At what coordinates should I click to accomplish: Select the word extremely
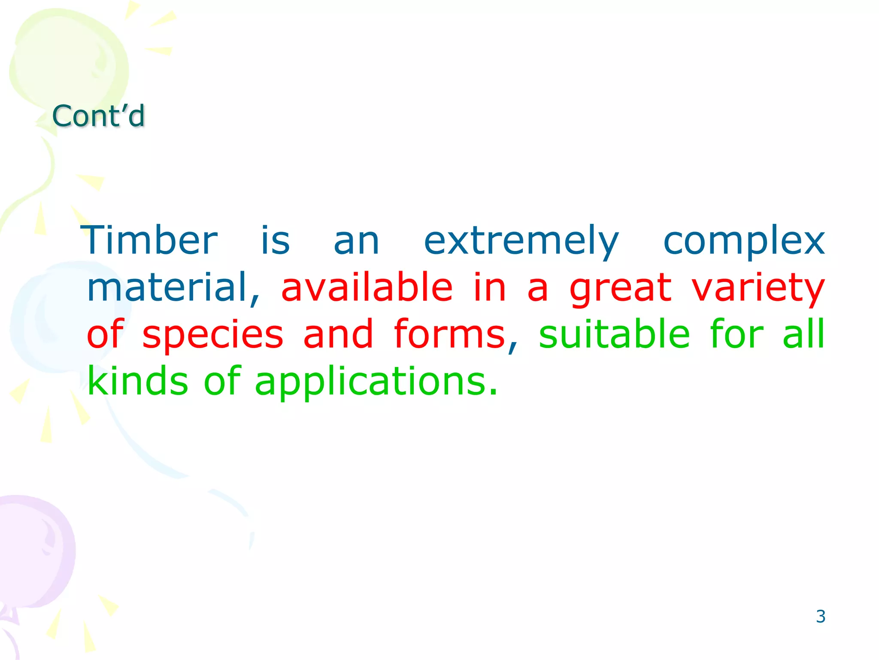click(521, 241)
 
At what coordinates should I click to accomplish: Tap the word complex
click(744, 241)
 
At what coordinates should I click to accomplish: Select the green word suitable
click(614, 334)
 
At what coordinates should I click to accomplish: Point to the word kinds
click(137, 381)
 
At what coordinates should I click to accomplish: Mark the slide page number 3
click(820, 617)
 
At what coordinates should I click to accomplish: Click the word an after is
click(356, 241)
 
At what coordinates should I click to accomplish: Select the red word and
click(338, 334)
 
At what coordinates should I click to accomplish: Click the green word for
click(737, 334)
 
